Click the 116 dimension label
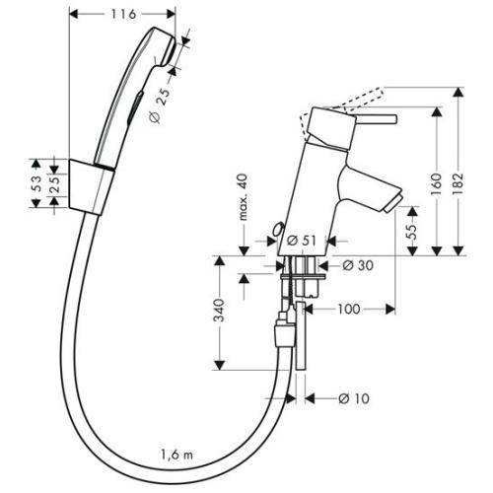click(x=123, y=15)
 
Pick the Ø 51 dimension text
click(x=303, y=239)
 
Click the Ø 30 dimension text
click(x=355, y=264)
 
